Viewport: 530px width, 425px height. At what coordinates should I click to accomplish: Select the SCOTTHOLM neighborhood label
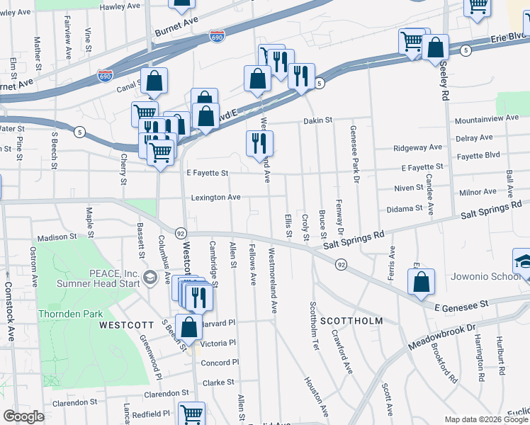click(351, 321)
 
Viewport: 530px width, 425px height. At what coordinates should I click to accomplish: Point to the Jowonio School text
click(489, 276)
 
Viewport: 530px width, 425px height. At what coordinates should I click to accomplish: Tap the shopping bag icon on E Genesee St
click(421, 282)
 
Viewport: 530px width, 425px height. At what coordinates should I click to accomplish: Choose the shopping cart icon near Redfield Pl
click(191, 413)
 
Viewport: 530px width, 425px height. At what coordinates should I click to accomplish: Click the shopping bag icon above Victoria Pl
click(189, 328)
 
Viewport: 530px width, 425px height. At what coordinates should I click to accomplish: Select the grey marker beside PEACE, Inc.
click(150, 276)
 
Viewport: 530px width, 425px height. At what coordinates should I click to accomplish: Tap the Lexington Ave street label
click(214, 198)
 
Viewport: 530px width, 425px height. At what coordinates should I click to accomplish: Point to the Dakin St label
click(318, 121)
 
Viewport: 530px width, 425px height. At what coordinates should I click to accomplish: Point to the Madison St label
click(56, 237)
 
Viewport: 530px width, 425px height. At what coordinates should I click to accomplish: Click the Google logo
click(23, 416)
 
